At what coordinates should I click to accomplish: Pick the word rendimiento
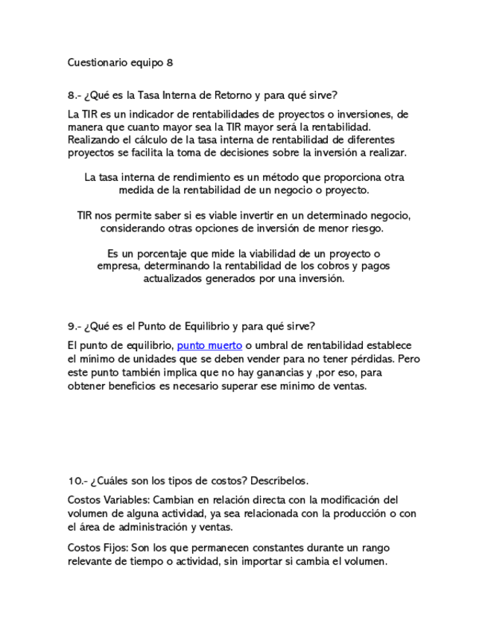coord(179,178)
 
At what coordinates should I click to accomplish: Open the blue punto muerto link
coord(209,345)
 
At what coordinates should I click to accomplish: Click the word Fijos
coord(116,548)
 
